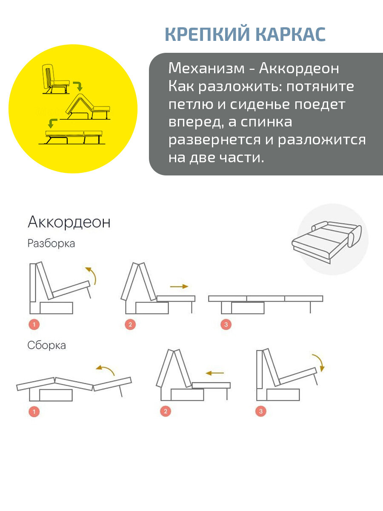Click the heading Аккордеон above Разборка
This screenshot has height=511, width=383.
(69, 222)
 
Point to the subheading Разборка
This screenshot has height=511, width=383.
(51, 244)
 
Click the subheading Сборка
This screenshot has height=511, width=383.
(46, 345)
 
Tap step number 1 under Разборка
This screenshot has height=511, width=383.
(34, 324)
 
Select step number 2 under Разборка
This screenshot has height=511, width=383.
(130, 324)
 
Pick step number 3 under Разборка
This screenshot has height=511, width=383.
(226, 324)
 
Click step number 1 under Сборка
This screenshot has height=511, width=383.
(34, 411)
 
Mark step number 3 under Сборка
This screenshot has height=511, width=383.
(260, 411)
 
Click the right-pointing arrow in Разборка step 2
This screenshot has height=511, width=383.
(179, 287)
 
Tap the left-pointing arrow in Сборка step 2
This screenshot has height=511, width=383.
(214, 373)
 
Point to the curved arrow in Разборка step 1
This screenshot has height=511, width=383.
(91, 275)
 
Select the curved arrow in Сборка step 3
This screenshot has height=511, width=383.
(318, 362)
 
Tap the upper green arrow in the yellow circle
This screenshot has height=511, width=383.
(77, 86)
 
